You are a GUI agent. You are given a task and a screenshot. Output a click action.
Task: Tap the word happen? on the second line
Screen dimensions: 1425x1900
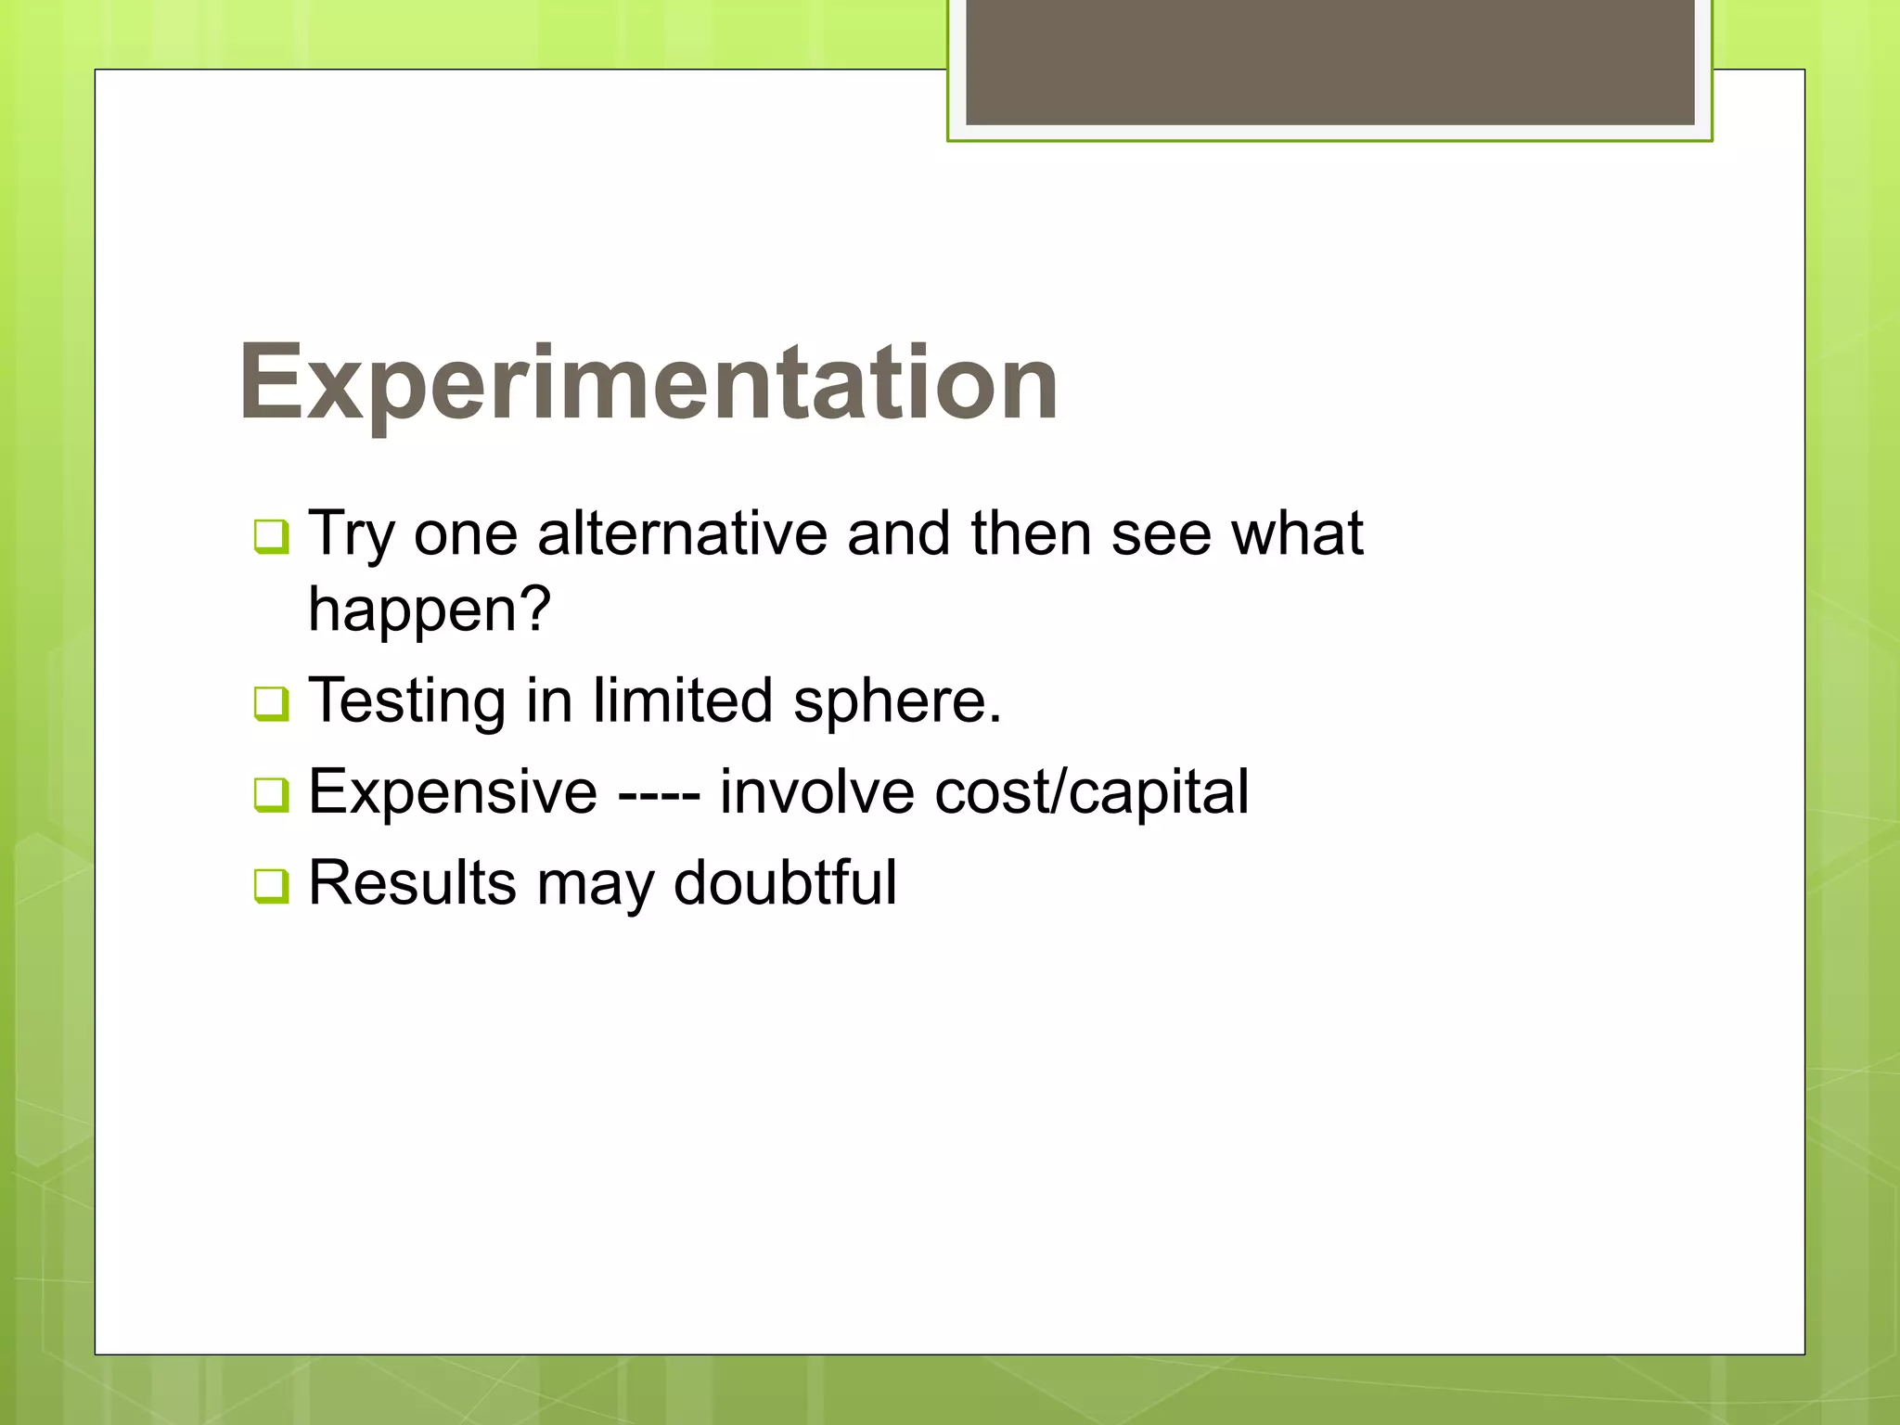coord(430,610)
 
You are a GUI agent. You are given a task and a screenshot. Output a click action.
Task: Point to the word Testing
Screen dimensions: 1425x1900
coord(406,701)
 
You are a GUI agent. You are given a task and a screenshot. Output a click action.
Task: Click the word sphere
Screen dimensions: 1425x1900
coord(897,701)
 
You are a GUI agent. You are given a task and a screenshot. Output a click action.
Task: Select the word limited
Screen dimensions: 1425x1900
coord(683,700)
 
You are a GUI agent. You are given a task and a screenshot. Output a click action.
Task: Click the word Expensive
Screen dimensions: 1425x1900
coord(453,792)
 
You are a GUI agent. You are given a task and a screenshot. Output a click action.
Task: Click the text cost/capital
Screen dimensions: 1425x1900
coord(1091,793)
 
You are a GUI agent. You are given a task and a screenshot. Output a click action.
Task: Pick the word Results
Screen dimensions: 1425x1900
coord(412,882)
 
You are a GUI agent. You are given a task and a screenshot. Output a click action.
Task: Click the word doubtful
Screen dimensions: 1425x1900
coord(785,882)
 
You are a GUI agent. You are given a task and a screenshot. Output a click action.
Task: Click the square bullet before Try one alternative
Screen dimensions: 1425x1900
coord(271,536)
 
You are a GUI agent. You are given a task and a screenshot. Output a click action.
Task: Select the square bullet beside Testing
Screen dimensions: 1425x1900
coord(271,703)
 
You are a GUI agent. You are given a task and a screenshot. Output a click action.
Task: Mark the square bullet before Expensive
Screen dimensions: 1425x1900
coord(271,794)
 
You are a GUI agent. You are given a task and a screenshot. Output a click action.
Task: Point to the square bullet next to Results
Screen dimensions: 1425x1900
coord(271,885)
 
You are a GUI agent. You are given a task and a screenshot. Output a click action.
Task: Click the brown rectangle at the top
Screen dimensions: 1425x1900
coord(1329,61)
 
